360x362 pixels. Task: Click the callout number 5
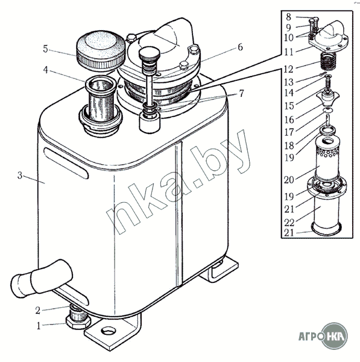[x=45, y=49]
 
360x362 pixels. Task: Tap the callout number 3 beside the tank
[x=20, y=176]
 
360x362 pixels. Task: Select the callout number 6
[x=240, y=47]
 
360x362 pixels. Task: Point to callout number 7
[x=241, y=94]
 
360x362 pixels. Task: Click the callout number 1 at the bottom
[x=39, y=326]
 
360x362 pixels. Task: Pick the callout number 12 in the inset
[x=289, y=69]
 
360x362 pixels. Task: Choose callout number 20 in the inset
[x=289, y=180]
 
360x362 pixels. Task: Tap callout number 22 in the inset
[x=289, y=223]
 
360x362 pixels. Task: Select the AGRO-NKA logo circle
[x=335, y=336]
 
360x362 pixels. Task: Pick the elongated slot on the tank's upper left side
[x=66, y=164]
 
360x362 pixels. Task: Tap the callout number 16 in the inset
[x=289, y=119]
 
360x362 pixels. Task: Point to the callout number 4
[x=45, y=70]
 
